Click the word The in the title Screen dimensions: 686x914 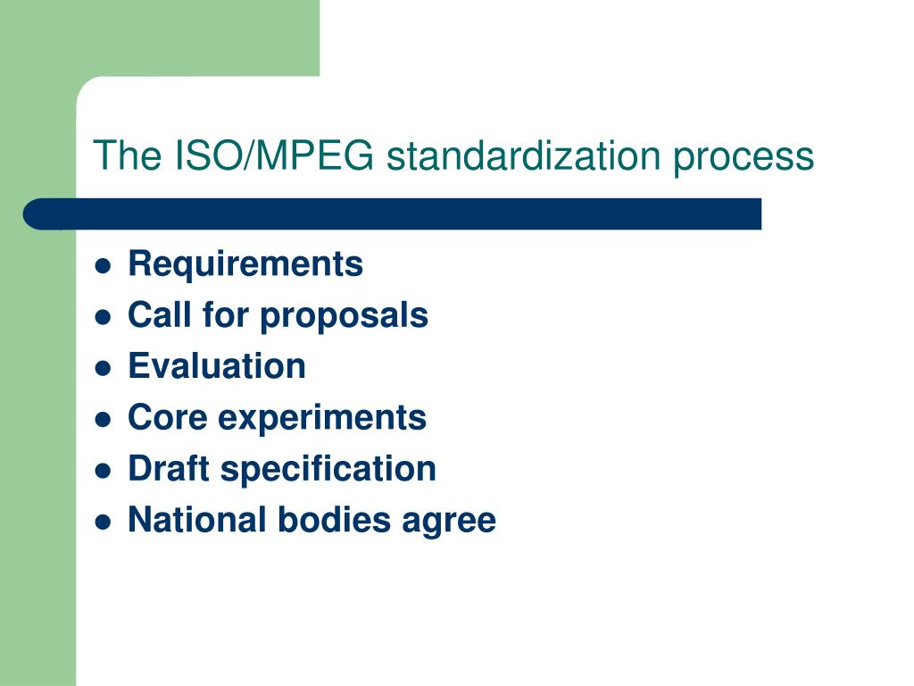click(125, 156)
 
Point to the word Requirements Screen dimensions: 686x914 click(245, 264)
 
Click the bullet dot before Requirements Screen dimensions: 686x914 click(104, 266)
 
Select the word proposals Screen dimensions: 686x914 click(344, 316)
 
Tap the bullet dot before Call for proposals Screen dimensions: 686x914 click(104, 317)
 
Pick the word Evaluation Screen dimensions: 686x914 click(217, 366)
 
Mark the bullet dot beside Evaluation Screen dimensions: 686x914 click(104, 368)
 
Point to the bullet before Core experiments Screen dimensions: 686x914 click(104, 419)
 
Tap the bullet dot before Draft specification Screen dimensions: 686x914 click(104, 470)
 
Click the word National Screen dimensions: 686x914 click(193, 520)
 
